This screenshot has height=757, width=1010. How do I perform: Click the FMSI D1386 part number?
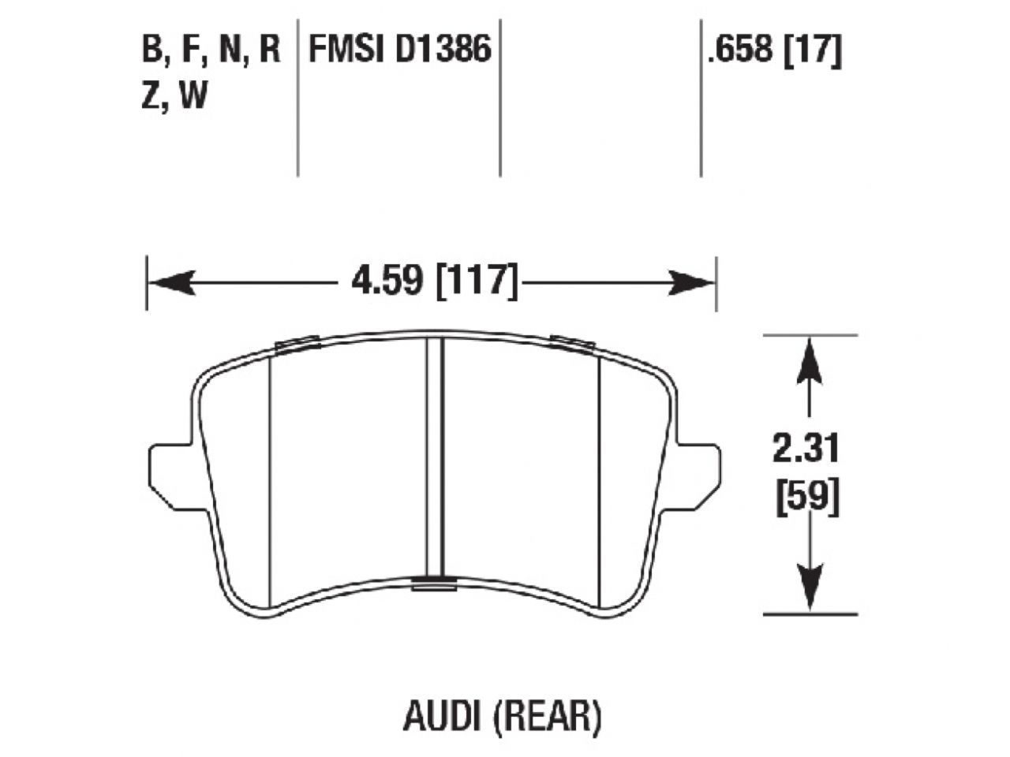point(400,50)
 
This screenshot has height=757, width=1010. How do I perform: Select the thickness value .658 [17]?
point(774,51)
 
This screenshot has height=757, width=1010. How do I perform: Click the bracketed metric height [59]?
point(807,498)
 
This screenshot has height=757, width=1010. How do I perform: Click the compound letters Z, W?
point(174,96)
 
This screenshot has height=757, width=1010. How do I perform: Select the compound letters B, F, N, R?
point(211,50)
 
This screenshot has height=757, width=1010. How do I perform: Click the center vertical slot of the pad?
point(434,457)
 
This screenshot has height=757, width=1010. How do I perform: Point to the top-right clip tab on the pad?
point(572,342)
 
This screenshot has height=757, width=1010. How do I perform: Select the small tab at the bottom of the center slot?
point(434,583)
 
